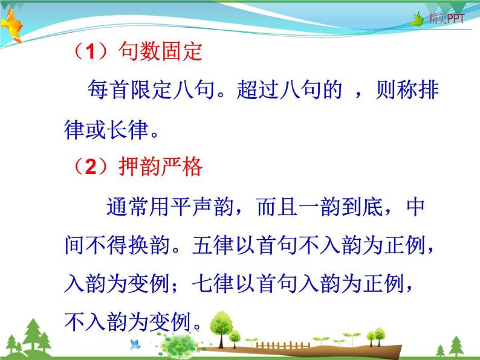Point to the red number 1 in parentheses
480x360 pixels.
pos(89,53)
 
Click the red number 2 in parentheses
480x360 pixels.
pos(89,167)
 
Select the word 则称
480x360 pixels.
pos(388,91)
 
